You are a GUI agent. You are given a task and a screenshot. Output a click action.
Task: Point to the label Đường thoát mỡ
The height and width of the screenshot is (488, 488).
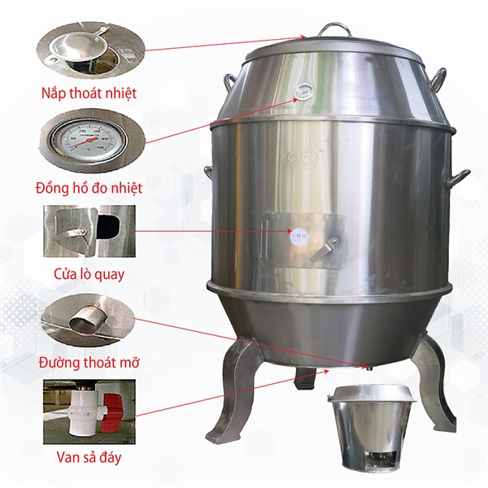coord(89,361)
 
